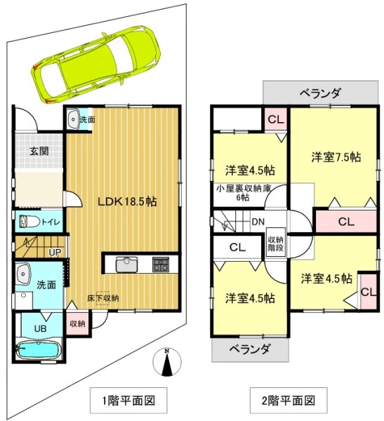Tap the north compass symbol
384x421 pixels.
[x=167, y=361]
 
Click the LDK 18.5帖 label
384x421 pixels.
[x=127, y=201]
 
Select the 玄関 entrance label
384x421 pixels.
[x=39, y=151]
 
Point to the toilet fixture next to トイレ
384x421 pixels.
[x=29, y=222]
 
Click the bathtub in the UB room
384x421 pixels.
[x=39, y=349]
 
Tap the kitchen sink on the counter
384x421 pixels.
[x=126, y=265]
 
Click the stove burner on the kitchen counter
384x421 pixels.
[x=161, y=265]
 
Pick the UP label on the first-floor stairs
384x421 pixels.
[x=55, y=252]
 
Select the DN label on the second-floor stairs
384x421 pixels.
[x=258, y=222]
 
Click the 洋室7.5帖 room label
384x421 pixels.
[x=336, y=157]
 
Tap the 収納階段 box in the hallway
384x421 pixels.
[x=276, y=243]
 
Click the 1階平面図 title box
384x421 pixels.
[x=128, y=401]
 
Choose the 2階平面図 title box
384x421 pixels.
[x=289, y=401]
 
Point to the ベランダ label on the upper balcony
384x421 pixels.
[x=320, y=93]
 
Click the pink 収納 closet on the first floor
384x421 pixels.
[x=77, y=323]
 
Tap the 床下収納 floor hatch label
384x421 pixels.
[x=103, y=298]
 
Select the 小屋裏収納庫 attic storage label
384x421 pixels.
[x=244, y=189]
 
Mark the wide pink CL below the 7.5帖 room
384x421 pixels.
[x=346, y=222]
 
